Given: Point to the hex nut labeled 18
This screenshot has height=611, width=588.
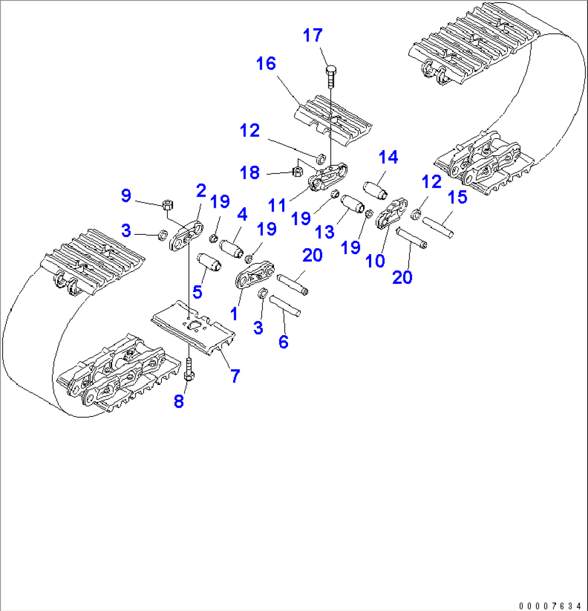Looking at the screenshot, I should click(x=296, y=172).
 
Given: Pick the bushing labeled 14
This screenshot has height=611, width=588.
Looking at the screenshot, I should click(x=376, y=188).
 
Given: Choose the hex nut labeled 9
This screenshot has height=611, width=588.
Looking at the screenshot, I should click(x=168, y=205).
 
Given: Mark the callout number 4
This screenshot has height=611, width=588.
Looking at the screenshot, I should click(x=242, y=215).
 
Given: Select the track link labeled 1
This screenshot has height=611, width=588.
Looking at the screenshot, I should click(x=254, y=275).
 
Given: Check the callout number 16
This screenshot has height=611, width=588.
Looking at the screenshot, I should click(x=266, y=64).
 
